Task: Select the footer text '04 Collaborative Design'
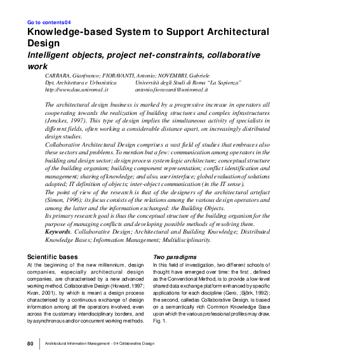[133, 343]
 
